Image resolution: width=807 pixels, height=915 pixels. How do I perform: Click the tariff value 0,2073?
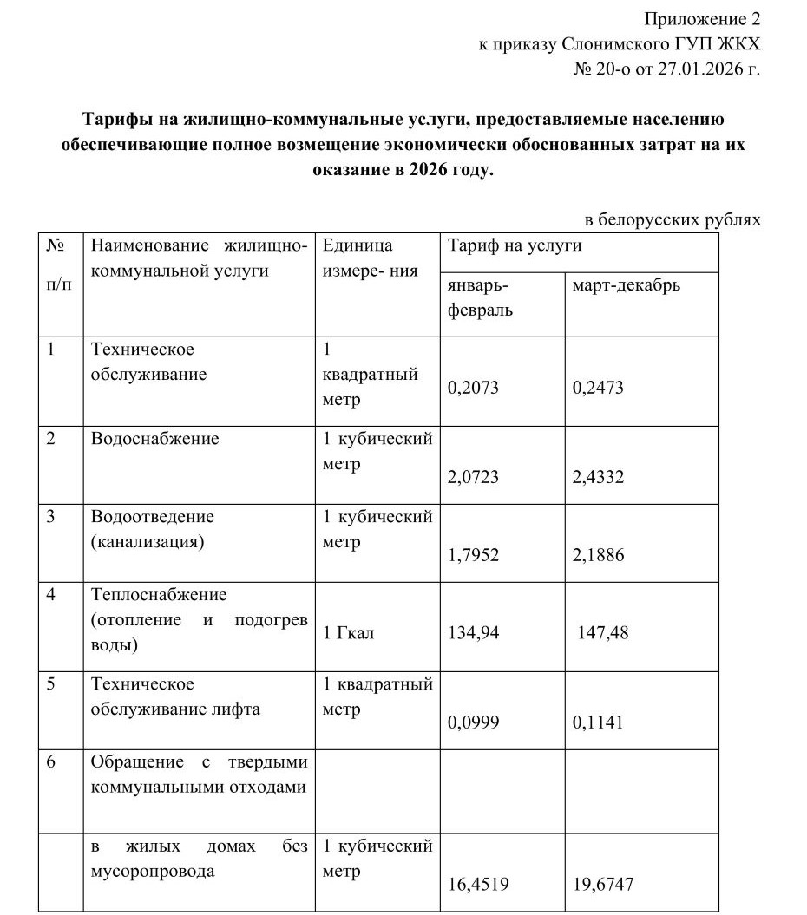pos(473,389)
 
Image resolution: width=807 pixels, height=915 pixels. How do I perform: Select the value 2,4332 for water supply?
pos(598,478)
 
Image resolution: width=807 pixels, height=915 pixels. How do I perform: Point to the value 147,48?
pos(603,632)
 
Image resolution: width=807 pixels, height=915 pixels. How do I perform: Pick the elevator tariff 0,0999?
pos(473,722)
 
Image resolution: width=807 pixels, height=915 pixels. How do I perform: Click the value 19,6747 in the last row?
pos(603,885)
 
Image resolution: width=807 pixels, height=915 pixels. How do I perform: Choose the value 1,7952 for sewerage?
pos(473,555)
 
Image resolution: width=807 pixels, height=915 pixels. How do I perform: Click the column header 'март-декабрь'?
pos(627,285)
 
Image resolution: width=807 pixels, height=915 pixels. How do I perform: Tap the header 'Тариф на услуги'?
pos(514,246)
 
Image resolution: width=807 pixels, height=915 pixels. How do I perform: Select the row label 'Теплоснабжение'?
pos(159,595)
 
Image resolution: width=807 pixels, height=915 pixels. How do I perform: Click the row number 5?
pos(51,683)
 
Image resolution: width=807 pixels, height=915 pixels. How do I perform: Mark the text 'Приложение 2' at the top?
pos(702,19)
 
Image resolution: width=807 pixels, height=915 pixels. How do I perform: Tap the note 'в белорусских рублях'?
pos(672,219)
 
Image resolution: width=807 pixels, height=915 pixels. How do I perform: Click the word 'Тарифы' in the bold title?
pos(112,119)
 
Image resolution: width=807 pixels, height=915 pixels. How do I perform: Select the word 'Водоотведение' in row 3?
pos(152,517)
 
